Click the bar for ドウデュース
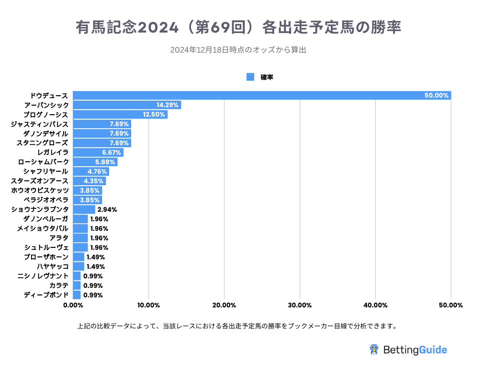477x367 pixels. (x=262, y=96)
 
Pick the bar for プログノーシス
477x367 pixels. (x=120, y=115)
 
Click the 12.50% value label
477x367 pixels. (x=154, y=115)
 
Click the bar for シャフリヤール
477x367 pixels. (x=91, y=171)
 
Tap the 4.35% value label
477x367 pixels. (x=93, y=181)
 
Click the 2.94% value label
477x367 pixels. (x=107, y=209)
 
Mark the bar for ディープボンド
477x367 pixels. (x=77, y=295)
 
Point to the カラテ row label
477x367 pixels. (x=59, y=285)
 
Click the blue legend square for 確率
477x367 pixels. (x=251, y=77)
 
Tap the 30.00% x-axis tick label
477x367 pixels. (x=300, y=305)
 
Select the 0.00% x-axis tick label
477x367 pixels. (x=73, y=305)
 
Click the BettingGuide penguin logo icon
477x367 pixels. (x=373, y=349)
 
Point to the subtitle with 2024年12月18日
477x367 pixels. (x=238, y=50)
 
